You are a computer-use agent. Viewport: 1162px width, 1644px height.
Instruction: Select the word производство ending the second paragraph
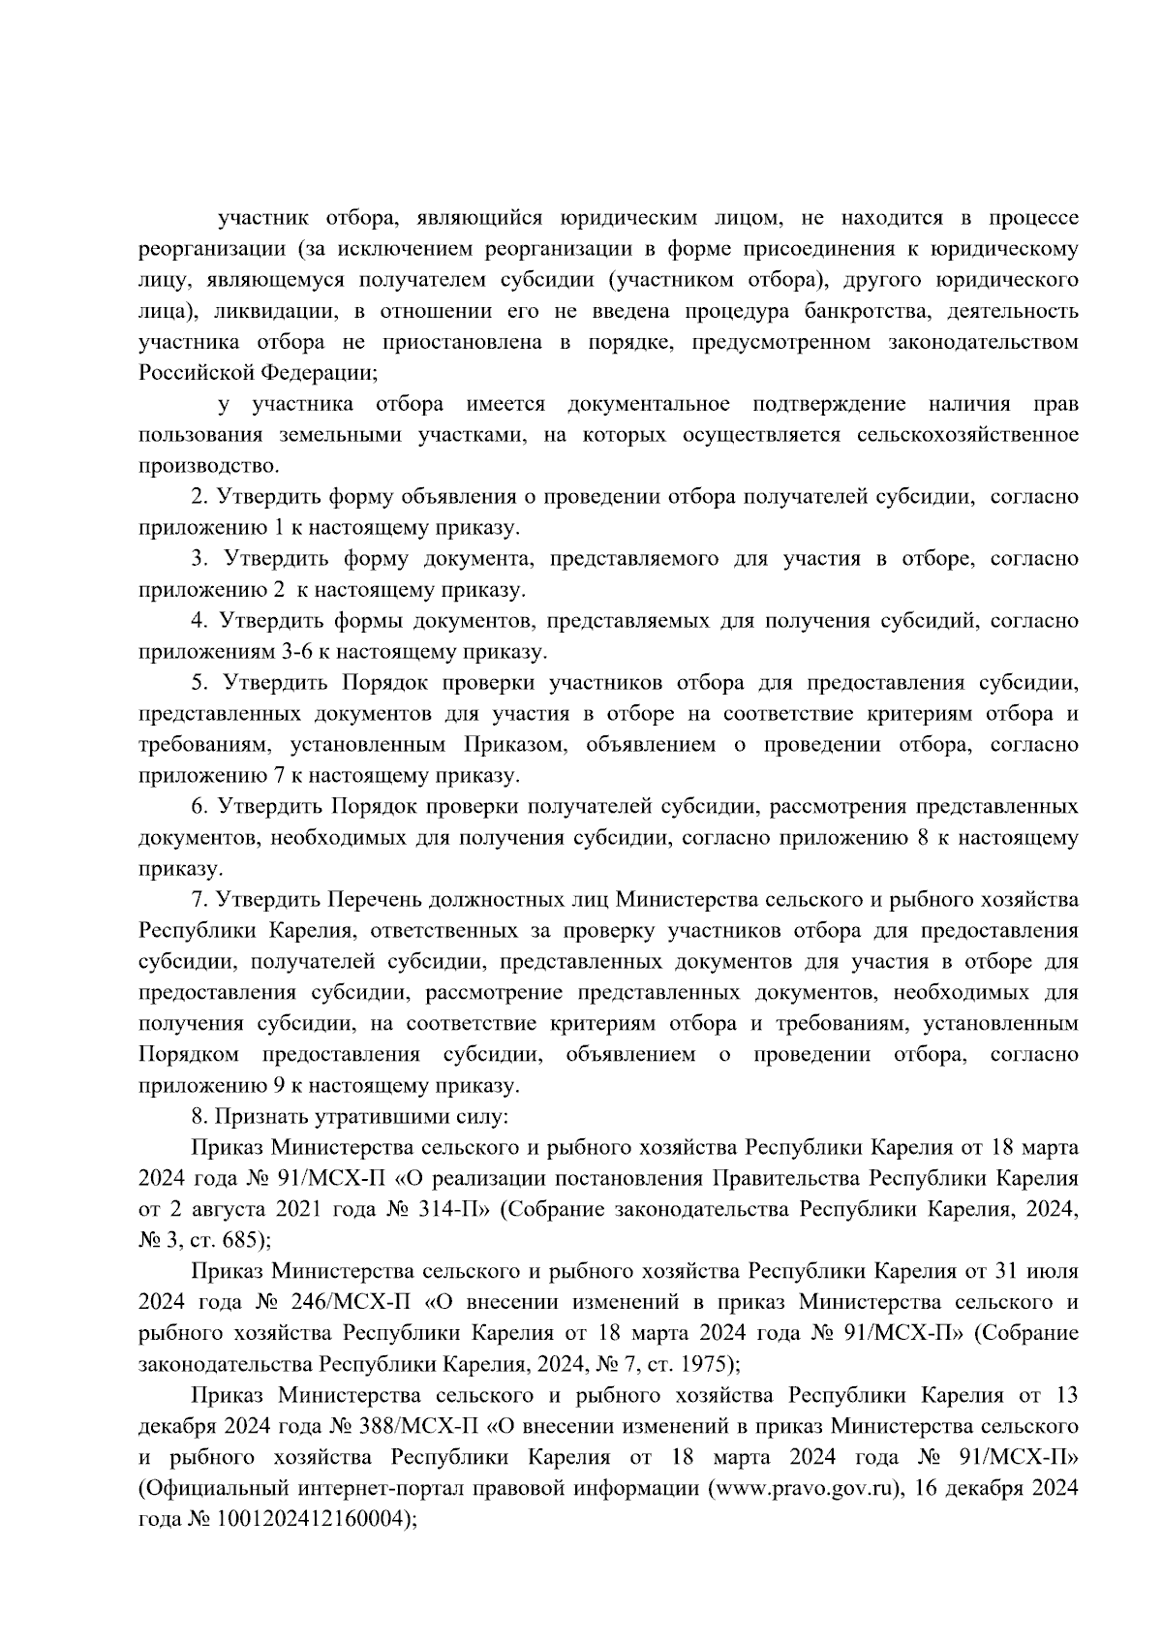(x=206, y=466)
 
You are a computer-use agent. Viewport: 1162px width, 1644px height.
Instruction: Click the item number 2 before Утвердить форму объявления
(x=199, y=497)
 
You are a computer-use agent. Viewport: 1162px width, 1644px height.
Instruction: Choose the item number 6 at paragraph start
(x=199, y=807)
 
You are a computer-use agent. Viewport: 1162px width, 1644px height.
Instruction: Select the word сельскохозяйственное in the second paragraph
(x=966, y=435)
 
